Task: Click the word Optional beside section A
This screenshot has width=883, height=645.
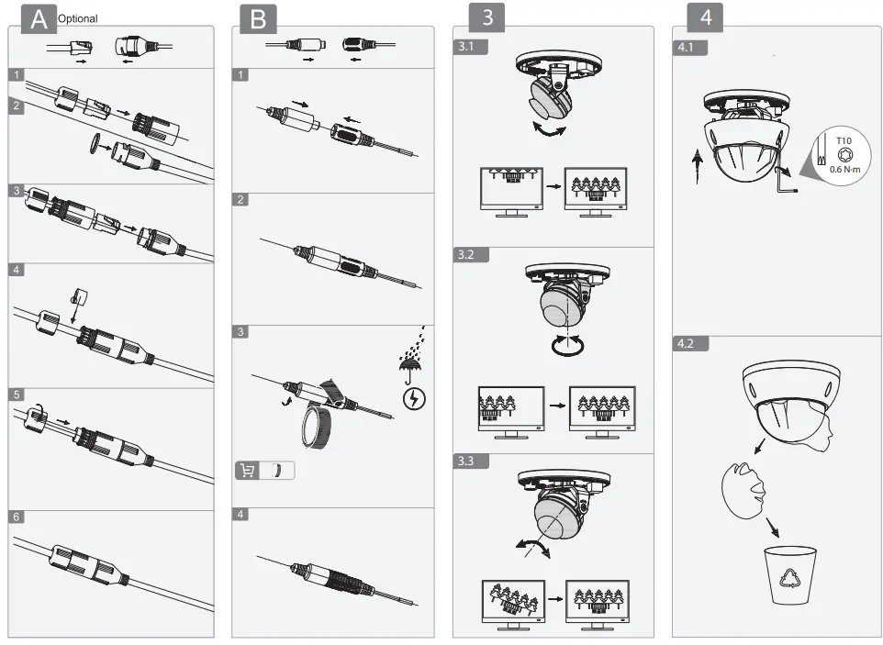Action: coord(77,18)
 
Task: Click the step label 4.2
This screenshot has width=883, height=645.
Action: coord(687,345)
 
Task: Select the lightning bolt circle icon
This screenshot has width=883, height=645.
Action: coord(415,398)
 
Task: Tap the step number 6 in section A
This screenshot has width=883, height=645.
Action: coord(16,517)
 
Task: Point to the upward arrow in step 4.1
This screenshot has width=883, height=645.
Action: coord(695,167)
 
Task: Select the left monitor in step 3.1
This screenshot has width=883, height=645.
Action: coord(509,191)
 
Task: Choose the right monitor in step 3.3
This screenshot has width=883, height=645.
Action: coord(597,603)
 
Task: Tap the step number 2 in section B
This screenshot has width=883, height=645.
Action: coord(240,199)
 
